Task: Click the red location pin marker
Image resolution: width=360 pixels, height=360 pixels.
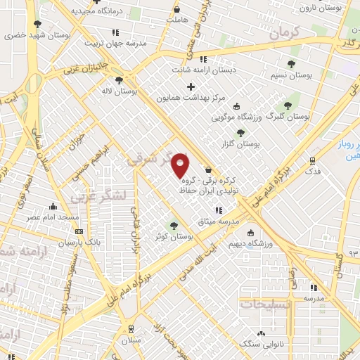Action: tap(181, 166)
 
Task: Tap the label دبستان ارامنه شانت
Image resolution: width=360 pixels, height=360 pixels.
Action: tap(203, 70)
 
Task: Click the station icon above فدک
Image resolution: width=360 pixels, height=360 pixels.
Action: tap(313, 160)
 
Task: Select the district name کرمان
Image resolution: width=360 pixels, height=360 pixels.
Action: tap(285, 32)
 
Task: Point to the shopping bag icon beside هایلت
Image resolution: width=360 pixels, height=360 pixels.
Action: tap(176, 9)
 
